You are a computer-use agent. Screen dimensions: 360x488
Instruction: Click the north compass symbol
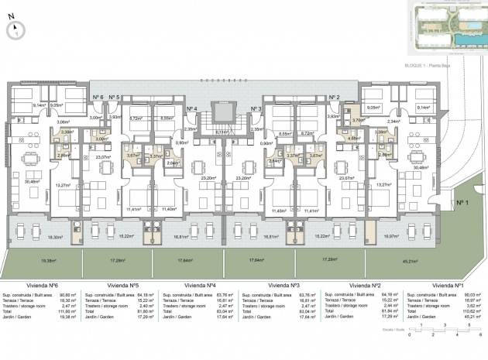click(14, 29)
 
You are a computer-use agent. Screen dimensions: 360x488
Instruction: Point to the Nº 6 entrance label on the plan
click(98, 97)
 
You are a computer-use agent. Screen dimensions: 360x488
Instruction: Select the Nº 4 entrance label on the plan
click(191, 109)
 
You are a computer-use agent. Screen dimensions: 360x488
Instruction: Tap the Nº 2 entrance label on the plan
click(334, 97)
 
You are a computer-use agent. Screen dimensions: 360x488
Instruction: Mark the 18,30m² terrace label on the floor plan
click(55, 237)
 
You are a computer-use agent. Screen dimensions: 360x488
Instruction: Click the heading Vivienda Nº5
click(124, 284)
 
